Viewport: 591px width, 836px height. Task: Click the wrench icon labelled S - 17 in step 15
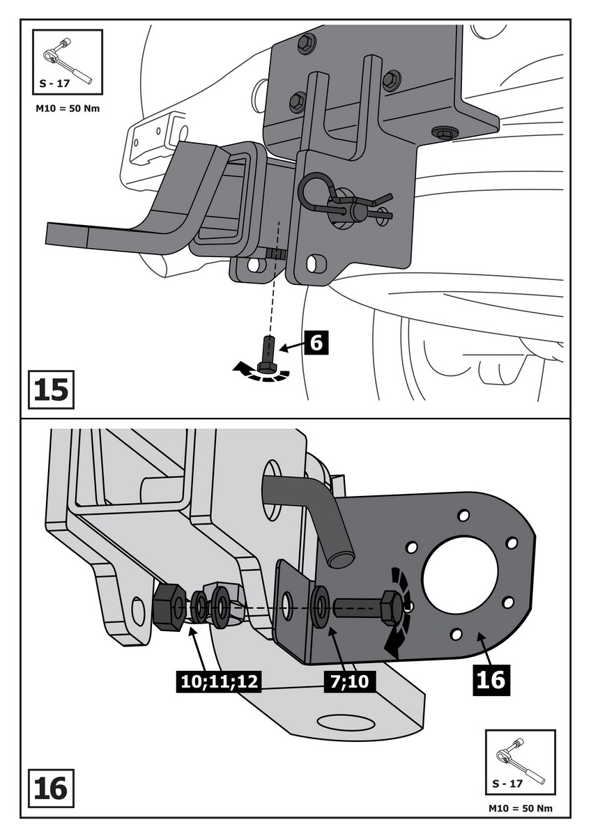(67, 61)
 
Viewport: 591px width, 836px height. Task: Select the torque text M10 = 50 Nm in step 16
(521, 809)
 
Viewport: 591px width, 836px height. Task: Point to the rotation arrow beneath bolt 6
(261, 373)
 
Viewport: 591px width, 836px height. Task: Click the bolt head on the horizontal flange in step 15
(443, 132)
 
